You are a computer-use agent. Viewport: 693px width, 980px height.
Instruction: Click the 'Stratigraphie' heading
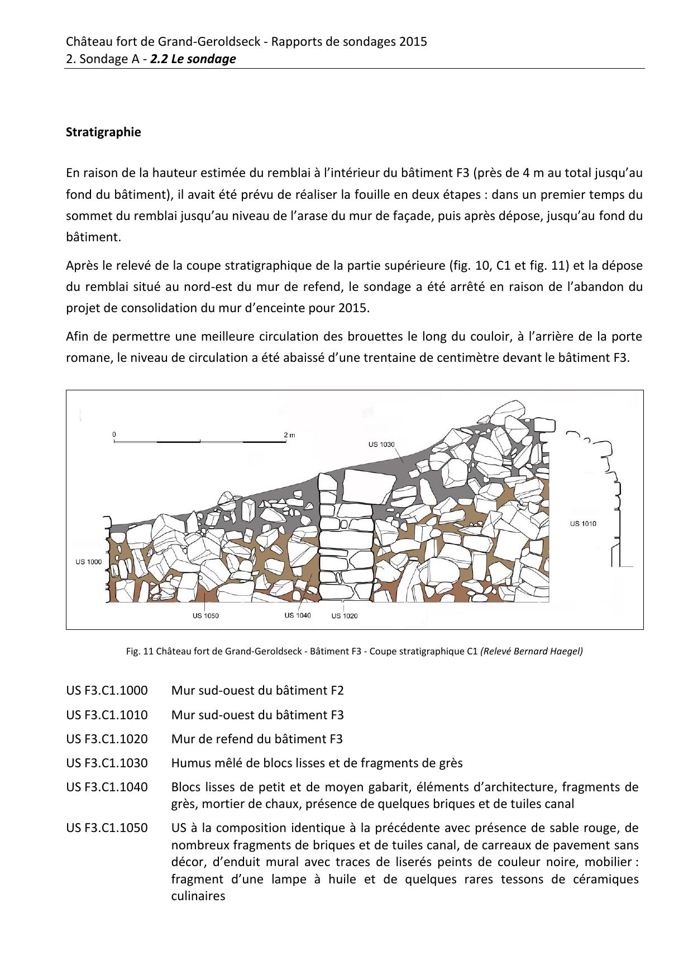(103, 132)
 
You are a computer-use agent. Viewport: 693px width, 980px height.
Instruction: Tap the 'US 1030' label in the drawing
(381, 444)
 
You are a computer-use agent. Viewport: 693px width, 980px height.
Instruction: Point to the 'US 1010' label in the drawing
(583, 523)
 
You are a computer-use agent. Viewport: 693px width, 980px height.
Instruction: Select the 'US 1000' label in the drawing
(89, 562)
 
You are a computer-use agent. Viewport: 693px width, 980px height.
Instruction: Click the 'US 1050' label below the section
(205, 615)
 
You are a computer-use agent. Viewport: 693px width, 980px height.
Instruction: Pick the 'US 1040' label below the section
(298, 615)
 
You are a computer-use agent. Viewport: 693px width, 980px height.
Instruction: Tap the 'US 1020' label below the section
(345, 615)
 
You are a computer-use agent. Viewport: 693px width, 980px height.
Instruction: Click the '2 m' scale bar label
(289, 434)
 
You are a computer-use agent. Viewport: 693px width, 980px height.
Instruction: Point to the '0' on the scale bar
(114, 434)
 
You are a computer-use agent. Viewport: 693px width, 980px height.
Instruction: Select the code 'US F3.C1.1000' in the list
(107, 690)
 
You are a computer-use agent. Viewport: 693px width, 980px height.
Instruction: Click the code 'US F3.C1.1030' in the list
(107, 763)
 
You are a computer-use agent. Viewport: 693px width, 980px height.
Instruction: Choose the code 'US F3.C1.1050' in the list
(107, 828)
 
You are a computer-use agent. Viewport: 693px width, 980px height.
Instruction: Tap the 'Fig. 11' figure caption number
(140, 651)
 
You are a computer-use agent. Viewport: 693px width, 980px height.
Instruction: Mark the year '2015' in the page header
(413, 41)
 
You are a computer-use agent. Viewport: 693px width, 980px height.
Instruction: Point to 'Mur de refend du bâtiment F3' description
(257, 739)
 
